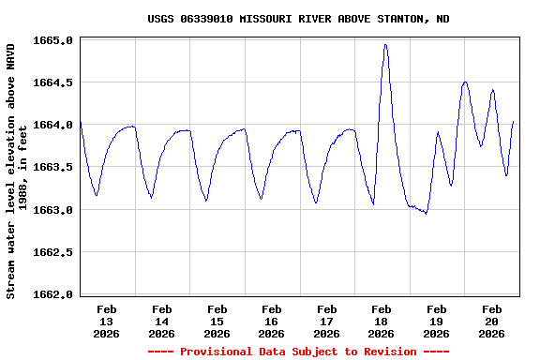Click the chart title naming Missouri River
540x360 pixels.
[x=297, y=19]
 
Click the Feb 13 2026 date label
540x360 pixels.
[x=107, y=321]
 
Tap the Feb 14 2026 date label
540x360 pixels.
[x=162, y=321]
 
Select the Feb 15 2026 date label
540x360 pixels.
[x=217, y=321]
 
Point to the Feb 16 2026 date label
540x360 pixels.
[x=272, y=321]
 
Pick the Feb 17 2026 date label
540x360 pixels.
[x=326, y=321]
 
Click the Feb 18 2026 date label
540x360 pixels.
[x=382, y=321]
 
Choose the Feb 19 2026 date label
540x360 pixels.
[x=436, y=321]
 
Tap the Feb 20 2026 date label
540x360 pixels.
[x=491, y=321]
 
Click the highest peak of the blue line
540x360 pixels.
[x=385, y=44]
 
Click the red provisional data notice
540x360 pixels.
[x=297, y=352]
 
